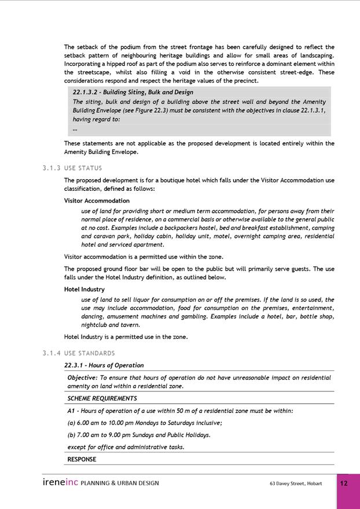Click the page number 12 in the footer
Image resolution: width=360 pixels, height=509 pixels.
tap(344, 484)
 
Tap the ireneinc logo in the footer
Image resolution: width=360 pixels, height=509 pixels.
tap(60, 483)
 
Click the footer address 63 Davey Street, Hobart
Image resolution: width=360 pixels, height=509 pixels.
tap(295, 484)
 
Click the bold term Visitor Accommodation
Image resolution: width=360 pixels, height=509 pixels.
tap(97, 201)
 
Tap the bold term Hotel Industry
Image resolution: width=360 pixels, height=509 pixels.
tap(84, 289)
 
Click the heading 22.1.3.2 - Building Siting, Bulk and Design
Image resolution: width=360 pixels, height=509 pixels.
tap(133, 92)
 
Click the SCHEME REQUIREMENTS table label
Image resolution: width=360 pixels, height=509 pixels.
tap(102, 399)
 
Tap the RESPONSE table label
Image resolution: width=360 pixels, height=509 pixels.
tap(82, 459)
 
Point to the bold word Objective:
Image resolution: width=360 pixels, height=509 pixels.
tap(83, 378)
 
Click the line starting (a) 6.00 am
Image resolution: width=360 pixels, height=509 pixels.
tap(145, 423)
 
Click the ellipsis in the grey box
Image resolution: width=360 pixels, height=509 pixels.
tap(75, 129)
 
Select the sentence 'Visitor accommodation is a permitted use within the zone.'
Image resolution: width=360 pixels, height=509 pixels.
tap(144, 257)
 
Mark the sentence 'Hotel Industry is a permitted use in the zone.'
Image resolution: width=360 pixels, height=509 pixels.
tap(126, 337)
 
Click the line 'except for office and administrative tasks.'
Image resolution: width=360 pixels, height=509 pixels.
tap(126, 447)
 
